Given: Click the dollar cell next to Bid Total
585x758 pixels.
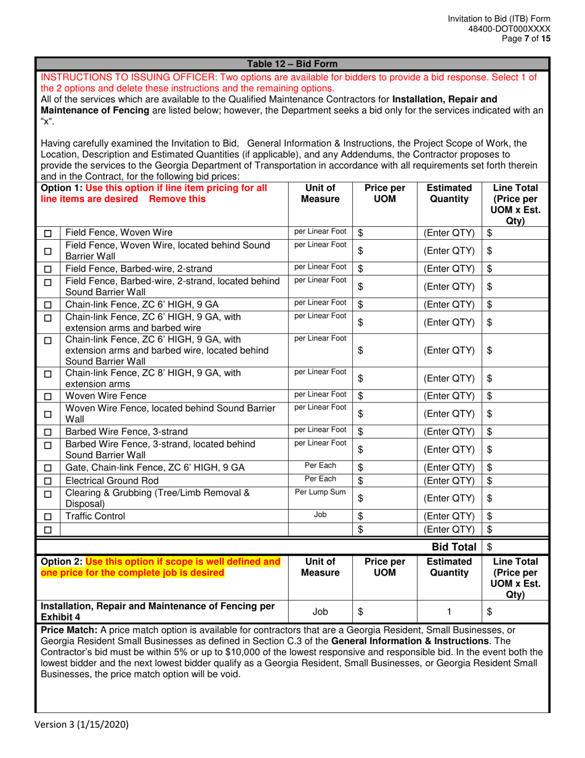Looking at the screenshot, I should click(516, 547).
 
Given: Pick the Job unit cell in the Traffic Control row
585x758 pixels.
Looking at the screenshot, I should click(320, 515).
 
